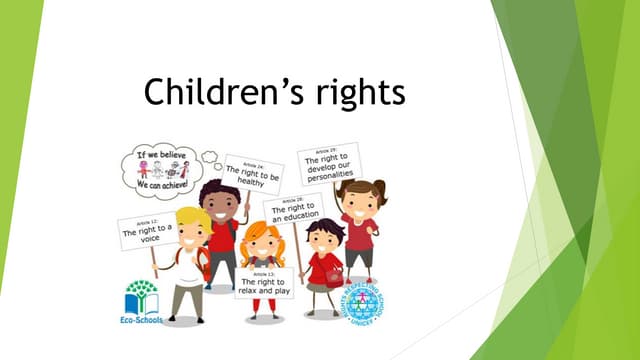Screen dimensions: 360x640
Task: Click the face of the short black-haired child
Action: point(322,240)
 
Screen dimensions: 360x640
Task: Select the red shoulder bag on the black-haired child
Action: point(333,276)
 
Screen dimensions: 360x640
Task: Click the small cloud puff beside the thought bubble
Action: point(209,156)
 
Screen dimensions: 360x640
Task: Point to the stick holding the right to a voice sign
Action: point(153,260)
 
